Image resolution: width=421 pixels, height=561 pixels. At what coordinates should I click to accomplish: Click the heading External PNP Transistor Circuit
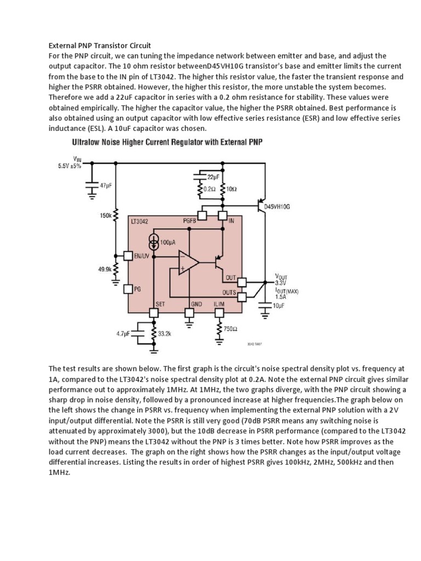pos(100,45)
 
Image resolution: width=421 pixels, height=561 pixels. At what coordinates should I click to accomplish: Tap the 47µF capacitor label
pos(106,186)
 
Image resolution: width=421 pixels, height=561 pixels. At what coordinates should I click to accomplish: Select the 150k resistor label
pos(105,216)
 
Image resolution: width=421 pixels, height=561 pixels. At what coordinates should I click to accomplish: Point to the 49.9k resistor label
pos(105,269)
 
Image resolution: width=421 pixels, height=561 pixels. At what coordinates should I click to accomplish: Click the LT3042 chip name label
pos(140,221)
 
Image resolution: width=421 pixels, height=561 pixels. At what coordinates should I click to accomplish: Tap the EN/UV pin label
pos(141,256)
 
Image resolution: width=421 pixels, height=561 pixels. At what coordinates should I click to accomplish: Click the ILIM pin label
pos(218,303)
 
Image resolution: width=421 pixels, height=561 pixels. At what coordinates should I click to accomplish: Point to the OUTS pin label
pos(229,293)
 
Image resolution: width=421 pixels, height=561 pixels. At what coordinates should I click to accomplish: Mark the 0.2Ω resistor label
pos(209,188)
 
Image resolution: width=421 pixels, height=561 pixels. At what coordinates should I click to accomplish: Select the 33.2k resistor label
pos(164,333)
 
